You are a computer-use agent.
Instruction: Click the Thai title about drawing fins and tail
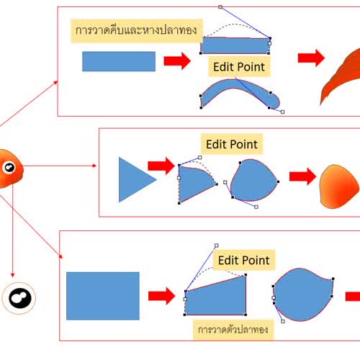(136, 30)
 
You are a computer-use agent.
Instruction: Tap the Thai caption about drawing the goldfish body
(233, 330)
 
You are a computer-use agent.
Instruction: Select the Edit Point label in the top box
(239, 67)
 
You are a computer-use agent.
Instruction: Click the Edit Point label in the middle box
(232, 144)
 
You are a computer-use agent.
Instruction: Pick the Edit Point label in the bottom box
(244, 261)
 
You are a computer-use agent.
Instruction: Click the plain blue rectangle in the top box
(119, 61)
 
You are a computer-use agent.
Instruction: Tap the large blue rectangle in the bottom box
(103, 296)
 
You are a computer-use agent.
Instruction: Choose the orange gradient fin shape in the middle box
(339, 186)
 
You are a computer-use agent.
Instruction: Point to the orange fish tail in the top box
(341, 77)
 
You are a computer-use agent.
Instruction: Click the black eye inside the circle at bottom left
(20, 298)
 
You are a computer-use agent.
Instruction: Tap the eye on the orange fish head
(9, 167)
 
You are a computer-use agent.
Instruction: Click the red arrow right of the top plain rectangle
(177, 61)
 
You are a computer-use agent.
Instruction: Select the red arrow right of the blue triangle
(161, 166)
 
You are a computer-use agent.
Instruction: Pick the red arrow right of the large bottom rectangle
(162, 296)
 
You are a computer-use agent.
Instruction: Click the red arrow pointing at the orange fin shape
(302, 176)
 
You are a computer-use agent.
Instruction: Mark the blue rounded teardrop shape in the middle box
(254, 180)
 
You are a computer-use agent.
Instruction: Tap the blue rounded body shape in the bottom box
(303, 294)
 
